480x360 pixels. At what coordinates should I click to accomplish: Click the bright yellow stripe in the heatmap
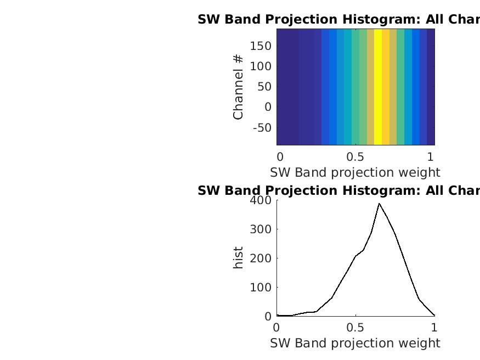pyautogui.click(x=378, y=87)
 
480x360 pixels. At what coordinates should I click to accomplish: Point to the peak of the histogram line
pyautogui.click(x=379, y=204)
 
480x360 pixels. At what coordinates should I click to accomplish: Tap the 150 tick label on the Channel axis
pyautogui.click(x=261, y=46)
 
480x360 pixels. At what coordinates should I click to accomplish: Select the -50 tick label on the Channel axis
pyautogui.click(x=262, y=128)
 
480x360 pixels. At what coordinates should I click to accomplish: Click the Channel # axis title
pyautogui.click(x=238, y=87)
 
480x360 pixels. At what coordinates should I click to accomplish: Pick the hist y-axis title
pyautogui.click(x=238, y=258)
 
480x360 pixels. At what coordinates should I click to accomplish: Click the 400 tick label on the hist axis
pyautogui.click(x=261, y=200)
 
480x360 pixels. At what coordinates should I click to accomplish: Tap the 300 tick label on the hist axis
pyautogui.click(x=261, y=229)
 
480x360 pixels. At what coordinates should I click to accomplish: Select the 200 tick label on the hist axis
pyautogui.click(x=261, y=258)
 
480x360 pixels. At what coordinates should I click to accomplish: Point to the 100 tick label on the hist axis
pyautogui.click(x=261, y=288)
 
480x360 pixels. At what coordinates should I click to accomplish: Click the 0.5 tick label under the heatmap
pyautogui.click(x=355, y=157)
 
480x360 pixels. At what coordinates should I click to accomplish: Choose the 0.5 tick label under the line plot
pyautogui.click(x=355, y=328)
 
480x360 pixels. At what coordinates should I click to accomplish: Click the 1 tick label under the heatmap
pyautogui.click(x=431, y=157)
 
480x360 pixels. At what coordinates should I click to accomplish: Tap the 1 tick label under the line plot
pyautogui.click(x=434, y=328)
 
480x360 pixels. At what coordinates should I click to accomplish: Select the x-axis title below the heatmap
pyautogui.click(x=355, y=173)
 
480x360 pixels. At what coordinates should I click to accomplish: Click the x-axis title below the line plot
pyautogui.click(x=355, y=343)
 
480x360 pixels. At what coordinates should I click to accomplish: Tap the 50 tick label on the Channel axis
pyautogui.click(x=264, y=87)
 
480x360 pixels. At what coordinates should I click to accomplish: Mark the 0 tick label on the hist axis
pyautogui.click(x=268, y=317)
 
